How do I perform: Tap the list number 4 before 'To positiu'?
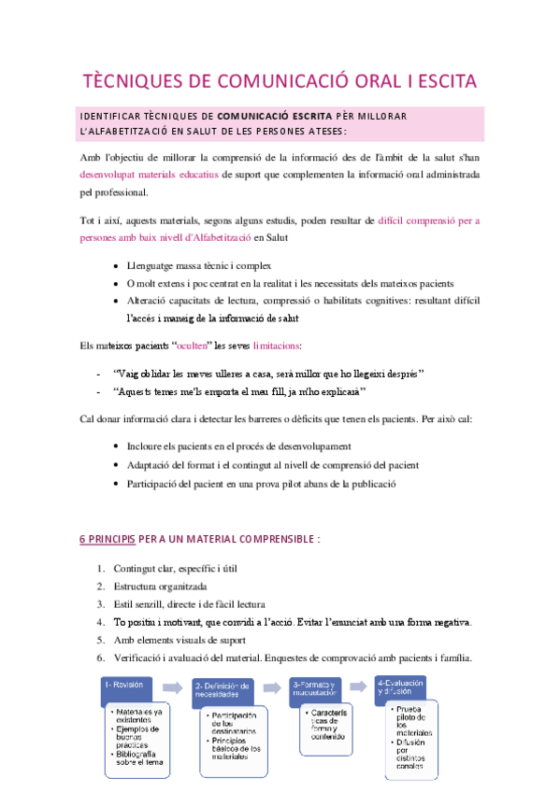click(x=101, y=621)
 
